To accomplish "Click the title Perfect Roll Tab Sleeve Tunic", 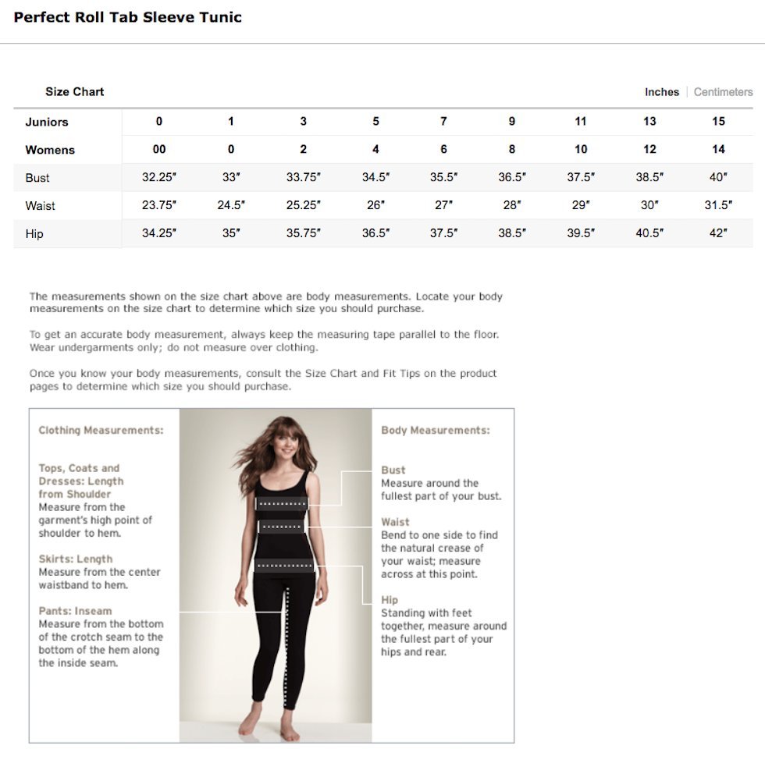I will [x=128, y=17].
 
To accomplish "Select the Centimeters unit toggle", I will [x=723, y=92].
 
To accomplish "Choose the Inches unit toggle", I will [x=662, y=92].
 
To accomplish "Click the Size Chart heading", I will [x=74, y=92].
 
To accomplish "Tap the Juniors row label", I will [x=47, y=122].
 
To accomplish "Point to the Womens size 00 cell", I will [x=159, y=149].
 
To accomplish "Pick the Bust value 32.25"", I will [x=159, y=177].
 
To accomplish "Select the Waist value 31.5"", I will [x=718, y=205].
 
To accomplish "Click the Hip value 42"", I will [x=718, y=233].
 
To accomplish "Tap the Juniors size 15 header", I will [x=718, y=121].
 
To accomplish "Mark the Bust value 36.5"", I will [x=512, y=177].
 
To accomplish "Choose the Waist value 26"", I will [x=375, y=205].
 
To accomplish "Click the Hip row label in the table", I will [x=34, y=234].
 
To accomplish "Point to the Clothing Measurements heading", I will [x=101, y=431].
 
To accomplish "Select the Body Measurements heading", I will [x=436, y=431].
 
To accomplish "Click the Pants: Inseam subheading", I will [x=76, y=611].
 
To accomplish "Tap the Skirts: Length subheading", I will [x=76, y=559].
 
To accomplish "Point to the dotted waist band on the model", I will [x=281, y=527].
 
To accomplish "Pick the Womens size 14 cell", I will [x=718, y=149].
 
